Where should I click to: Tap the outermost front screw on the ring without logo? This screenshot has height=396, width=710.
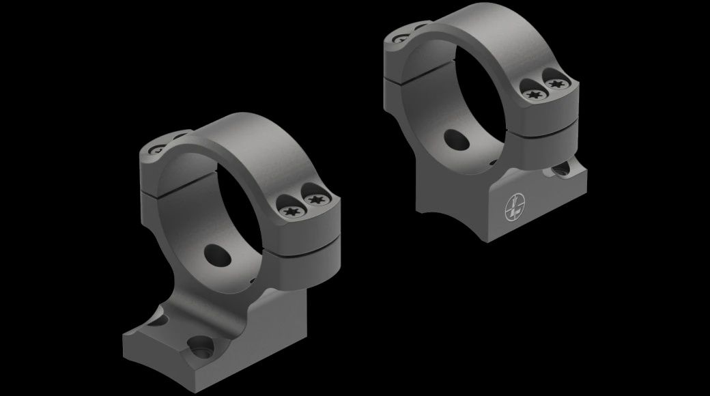coord(315,200)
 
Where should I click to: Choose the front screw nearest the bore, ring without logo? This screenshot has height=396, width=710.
coord(288,210)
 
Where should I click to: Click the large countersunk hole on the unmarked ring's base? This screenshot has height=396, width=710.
coord(203,347)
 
